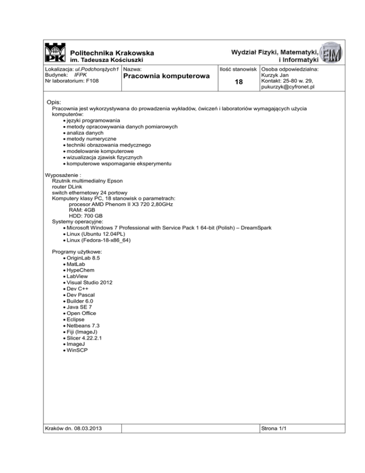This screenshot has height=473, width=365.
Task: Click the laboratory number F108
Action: click(x=92, y=81)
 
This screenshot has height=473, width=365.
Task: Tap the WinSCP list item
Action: click(x=78, y=351)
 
